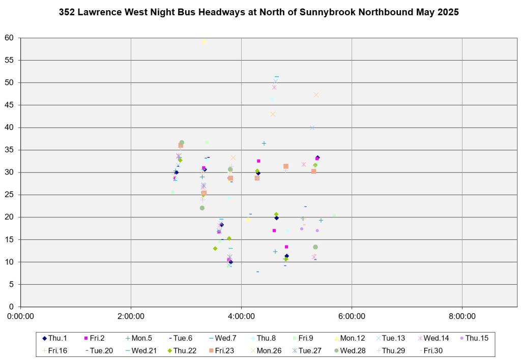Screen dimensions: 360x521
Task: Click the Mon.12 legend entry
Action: click(x=355, y=338)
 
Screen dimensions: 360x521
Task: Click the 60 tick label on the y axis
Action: click(x=9, y=38)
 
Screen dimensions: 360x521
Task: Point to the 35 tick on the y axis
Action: click(x=9, y=150)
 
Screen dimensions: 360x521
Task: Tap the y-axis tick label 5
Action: click(x=11, y=284)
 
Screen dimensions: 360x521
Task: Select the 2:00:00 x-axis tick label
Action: click(x=131, y=316)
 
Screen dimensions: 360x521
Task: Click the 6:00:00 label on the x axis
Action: click(x=352, y=316)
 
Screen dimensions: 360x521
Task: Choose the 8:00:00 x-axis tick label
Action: click(x=462, y=316)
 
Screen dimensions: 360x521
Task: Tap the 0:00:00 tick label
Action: click(x=21, y=316)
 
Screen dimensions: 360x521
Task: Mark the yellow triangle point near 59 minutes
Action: click(x=204, y=41)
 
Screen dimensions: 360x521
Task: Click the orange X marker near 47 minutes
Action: click(x=316, y=95)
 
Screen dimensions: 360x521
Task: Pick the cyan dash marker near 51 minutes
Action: click(x=277, y=77)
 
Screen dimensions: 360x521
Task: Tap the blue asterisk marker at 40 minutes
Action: click(x=312, y=127)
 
